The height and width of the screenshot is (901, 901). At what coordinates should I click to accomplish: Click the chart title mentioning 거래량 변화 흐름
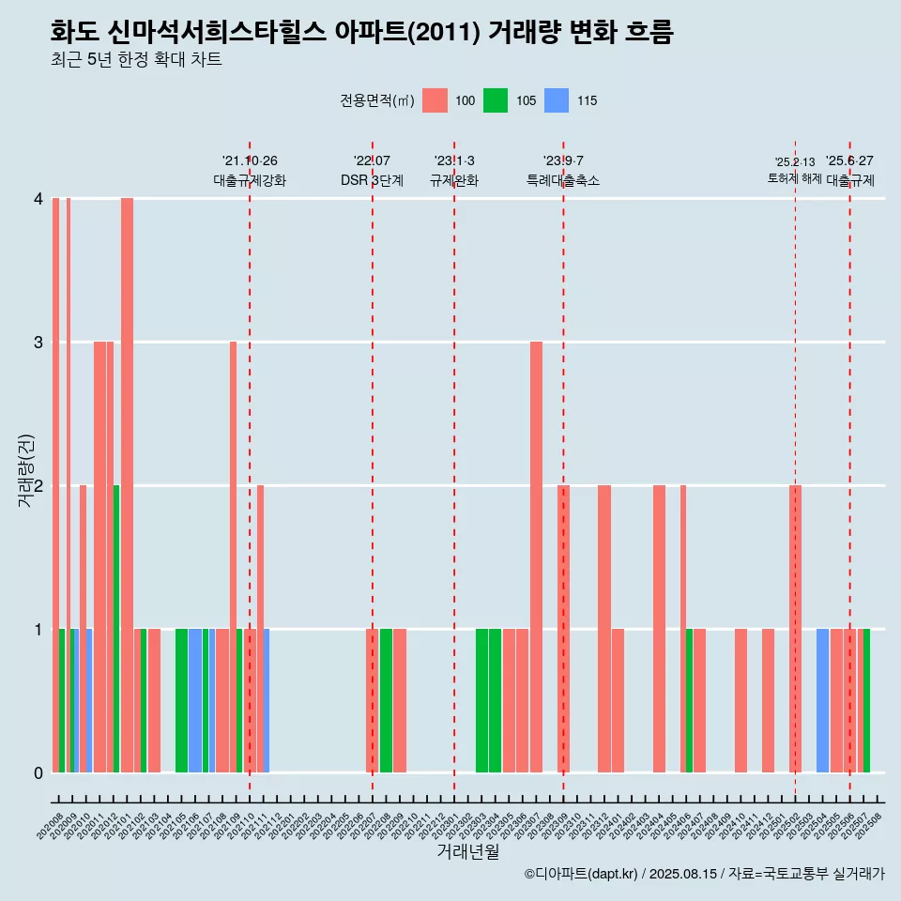[361, 32]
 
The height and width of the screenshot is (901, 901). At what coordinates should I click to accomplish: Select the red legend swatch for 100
[435, 100]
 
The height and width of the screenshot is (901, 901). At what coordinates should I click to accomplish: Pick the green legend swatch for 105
[496, 100]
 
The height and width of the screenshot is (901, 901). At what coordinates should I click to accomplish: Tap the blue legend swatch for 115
[557, 100]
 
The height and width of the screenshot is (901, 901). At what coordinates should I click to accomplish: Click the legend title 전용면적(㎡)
[377, 100]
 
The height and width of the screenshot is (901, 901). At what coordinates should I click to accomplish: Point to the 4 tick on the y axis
[38, 198]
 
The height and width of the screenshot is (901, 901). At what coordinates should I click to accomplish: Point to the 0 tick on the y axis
[38, 772]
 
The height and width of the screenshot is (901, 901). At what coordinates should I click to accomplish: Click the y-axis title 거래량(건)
[26, 469]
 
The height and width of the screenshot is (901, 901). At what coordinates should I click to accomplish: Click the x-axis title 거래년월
[467, 852]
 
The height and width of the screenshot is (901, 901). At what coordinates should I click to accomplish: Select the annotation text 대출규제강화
[250, 180]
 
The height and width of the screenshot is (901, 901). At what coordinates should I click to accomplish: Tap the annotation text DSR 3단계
[372, 180]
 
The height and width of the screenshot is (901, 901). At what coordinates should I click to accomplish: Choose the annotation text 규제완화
[454, 180]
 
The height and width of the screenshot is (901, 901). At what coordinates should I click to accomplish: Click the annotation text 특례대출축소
[563, 180]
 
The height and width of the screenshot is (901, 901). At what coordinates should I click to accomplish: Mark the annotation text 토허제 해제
[794, 178]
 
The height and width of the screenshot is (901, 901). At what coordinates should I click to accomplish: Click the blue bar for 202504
[822, 700]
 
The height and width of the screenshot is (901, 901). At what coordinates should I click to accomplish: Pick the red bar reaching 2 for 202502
[795, 629]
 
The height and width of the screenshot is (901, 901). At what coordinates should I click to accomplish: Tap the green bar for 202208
[386, 700]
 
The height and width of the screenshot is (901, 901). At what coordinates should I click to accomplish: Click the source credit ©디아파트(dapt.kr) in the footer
[582, 874]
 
